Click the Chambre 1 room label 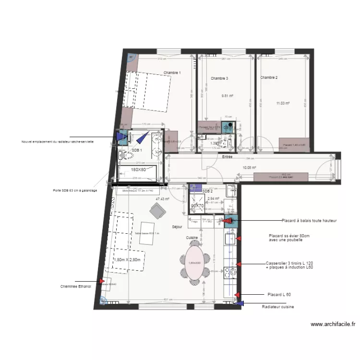[x=172, y=73]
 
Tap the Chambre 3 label [x=219, y=78]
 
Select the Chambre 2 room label [x=269, y=77]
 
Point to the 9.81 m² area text [x=227, y=96]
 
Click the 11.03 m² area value [x=283, y=103]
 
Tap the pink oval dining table [x=194, y=264]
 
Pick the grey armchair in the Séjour [x=157, y=210]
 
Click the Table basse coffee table [x=146, y=233]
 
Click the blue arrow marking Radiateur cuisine [x=240, y=303]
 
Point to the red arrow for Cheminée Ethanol [x=101, y=281]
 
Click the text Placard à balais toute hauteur [x=309, y=221]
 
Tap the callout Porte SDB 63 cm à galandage [x=75, y=191]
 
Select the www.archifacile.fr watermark [x=333, y=324]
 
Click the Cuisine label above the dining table [x=193, y=238]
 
